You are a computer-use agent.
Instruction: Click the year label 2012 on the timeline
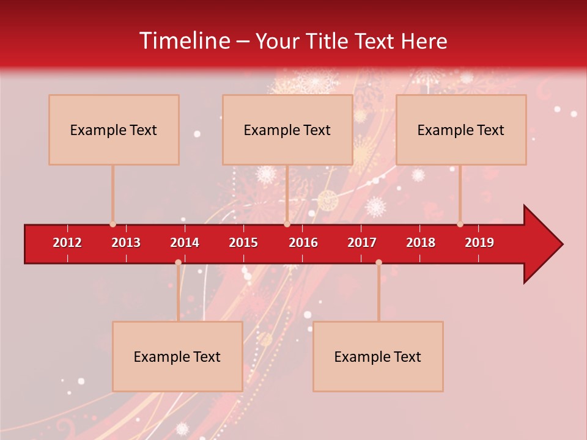(67, 243)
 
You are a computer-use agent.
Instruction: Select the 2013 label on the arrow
(126, 243)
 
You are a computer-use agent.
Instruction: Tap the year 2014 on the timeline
(185, 243)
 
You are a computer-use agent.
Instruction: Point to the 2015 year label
(243, 243)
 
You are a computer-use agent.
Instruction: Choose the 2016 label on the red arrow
(303, 243)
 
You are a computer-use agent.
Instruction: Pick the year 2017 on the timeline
(362, 243)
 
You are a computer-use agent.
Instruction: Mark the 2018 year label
(421, 243)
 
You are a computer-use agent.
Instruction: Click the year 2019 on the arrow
(479, 243)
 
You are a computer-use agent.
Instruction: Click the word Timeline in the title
(184, 41)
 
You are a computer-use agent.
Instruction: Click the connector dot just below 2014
(178, 263)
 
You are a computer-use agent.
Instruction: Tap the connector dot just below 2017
(378, 263)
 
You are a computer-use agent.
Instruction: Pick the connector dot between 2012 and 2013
(113, 224)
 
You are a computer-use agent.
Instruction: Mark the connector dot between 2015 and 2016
(287, 224)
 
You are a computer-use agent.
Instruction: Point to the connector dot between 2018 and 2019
(460, 224)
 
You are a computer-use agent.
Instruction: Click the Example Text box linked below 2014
(177, 356)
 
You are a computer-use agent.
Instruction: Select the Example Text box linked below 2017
(378, 356)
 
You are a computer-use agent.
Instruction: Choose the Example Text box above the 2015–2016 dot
(287, 130)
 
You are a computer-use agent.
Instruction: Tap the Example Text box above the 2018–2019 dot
(461, 130)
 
